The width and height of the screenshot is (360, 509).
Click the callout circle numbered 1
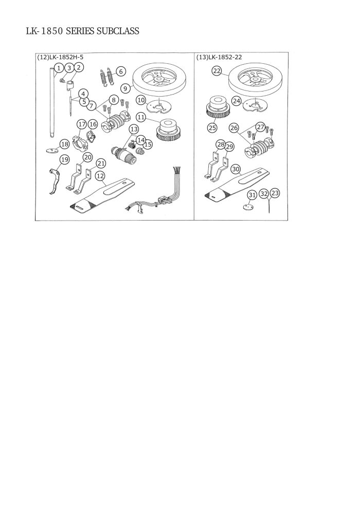click(59, 68)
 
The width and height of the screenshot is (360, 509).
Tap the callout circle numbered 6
click(121, 71)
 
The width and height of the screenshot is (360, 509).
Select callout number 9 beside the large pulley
click(125, 88)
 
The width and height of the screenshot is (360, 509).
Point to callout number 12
click(100, 176)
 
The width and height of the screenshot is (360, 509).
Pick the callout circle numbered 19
click(65, 160)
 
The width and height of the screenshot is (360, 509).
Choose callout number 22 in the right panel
click(217, 71)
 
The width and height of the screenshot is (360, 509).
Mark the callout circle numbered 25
click(212, 128)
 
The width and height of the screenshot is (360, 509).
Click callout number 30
click(236, 169)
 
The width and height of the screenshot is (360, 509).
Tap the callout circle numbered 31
click(252, 195)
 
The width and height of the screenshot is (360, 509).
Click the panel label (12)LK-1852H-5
click(60, 57)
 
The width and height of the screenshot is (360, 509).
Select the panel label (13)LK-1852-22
click(219, 57)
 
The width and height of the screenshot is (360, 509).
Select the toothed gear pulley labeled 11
click(169, 130)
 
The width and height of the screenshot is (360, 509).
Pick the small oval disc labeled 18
click(50, 150)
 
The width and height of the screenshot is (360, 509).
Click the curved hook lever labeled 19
click(54, 181)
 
